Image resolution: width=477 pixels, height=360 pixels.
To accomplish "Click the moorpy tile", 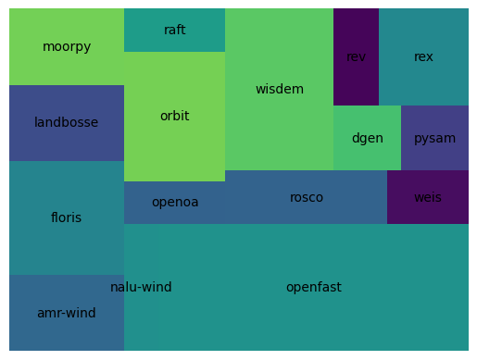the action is [x=67, y=46].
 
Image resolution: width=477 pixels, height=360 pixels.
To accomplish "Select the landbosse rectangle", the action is [x=67, y=122].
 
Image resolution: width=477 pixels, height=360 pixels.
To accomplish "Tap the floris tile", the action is [x=67, y=217].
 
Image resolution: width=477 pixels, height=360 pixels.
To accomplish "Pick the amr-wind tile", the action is [x=67, y=313].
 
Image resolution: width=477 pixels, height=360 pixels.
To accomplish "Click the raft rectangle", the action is [x=174, y=30].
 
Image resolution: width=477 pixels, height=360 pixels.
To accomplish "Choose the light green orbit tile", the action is [x=174, y=116].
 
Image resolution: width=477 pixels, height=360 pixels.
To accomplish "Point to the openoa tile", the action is [x=175, y=202].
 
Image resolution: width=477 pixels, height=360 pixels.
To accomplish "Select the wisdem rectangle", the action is [x=279, y=89].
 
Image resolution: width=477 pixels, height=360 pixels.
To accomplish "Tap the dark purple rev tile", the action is [x=356, y=56].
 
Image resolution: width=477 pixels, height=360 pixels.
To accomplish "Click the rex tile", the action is [x=423, y=56].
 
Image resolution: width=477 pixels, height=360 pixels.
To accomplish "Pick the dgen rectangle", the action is [x=367, y=138].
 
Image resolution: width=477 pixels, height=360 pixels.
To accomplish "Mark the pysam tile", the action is [x=434, y=138].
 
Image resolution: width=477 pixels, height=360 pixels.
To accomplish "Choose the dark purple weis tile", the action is [x=428, y=197].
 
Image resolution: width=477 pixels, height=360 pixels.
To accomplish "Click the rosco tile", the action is [x=307, y=197].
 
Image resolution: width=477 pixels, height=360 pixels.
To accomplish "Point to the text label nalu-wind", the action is [x=141, y=287].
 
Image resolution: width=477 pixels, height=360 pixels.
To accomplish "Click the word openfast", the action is [x=314, y=287].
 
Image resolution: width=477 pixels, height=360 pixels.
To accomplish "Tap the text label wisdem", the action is [x=279, y=89].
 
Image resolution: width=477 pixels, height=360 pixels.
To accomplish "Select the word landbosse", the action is [x=67, y=122].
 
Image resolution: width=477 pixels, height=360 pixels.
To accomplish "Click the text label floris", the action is [x=67, y=217].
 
